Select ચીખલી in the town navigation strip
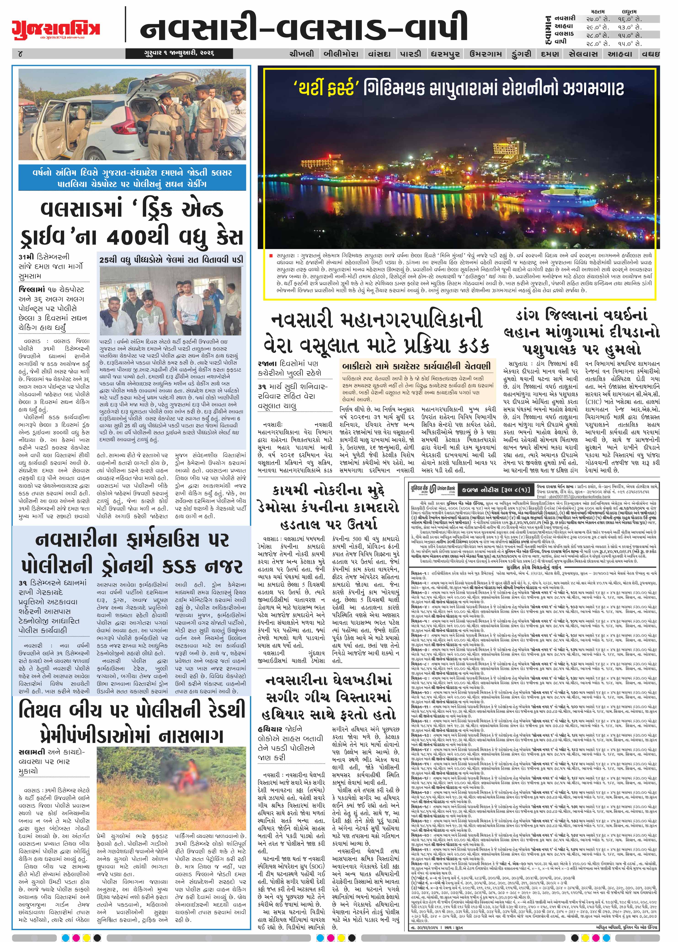tap(302, 53)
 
